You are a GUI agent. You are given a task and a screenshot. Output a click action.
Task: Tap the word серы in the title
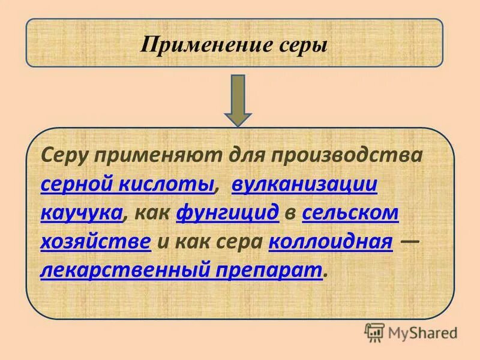[305, 46]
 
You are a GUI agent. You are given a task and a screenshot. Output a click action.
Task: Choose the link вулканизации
[304, 184]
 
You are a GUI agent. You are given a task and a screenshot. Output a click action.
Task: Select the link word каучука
[82, 213]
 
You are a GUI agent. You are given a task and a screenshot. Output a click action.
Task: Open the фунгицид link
[227, 213]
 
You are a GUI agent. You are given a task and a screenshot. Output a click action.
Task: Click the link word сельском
[351, 213]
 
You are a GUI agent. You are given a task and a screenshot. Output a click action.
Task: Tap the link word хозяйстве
[95, 242]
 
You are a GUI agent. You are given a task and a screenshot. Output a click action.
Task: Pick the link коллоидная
[331, 242]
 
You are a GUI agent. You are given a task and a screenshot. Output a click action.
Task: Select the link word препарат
[272, 271]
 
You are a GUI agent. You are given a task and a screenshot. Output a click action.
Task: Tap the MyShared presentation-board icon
[374, 331]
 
